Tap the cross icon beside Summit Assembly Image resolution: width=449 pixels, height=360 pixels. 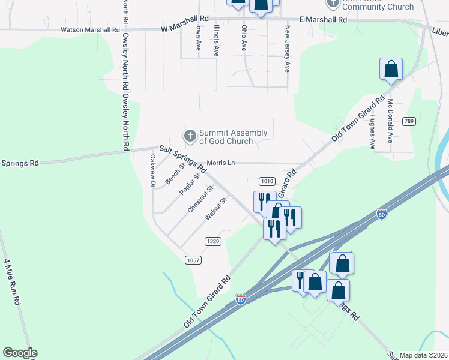tap(190, 136)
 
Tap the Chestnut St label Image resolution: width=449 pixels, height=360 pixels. tap(201, 199)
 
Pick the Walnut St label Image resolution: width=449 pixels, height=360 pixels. tap(215, 209)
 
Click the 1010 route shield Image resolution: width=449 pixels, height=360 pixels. tap(267, 181)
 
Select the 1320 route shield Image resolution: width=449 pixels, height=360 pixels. tap(213, 241)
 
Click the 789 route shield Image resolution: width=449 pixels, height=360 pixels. tap(409, 121)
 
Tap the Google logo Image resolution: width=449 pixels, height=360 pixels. tap(20, 353)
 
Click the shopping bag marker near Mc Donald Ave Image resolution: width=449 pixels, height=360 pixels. tap(391, 70)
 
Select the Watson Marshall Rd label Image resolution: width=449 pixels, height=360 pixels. tap(90, 29)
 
